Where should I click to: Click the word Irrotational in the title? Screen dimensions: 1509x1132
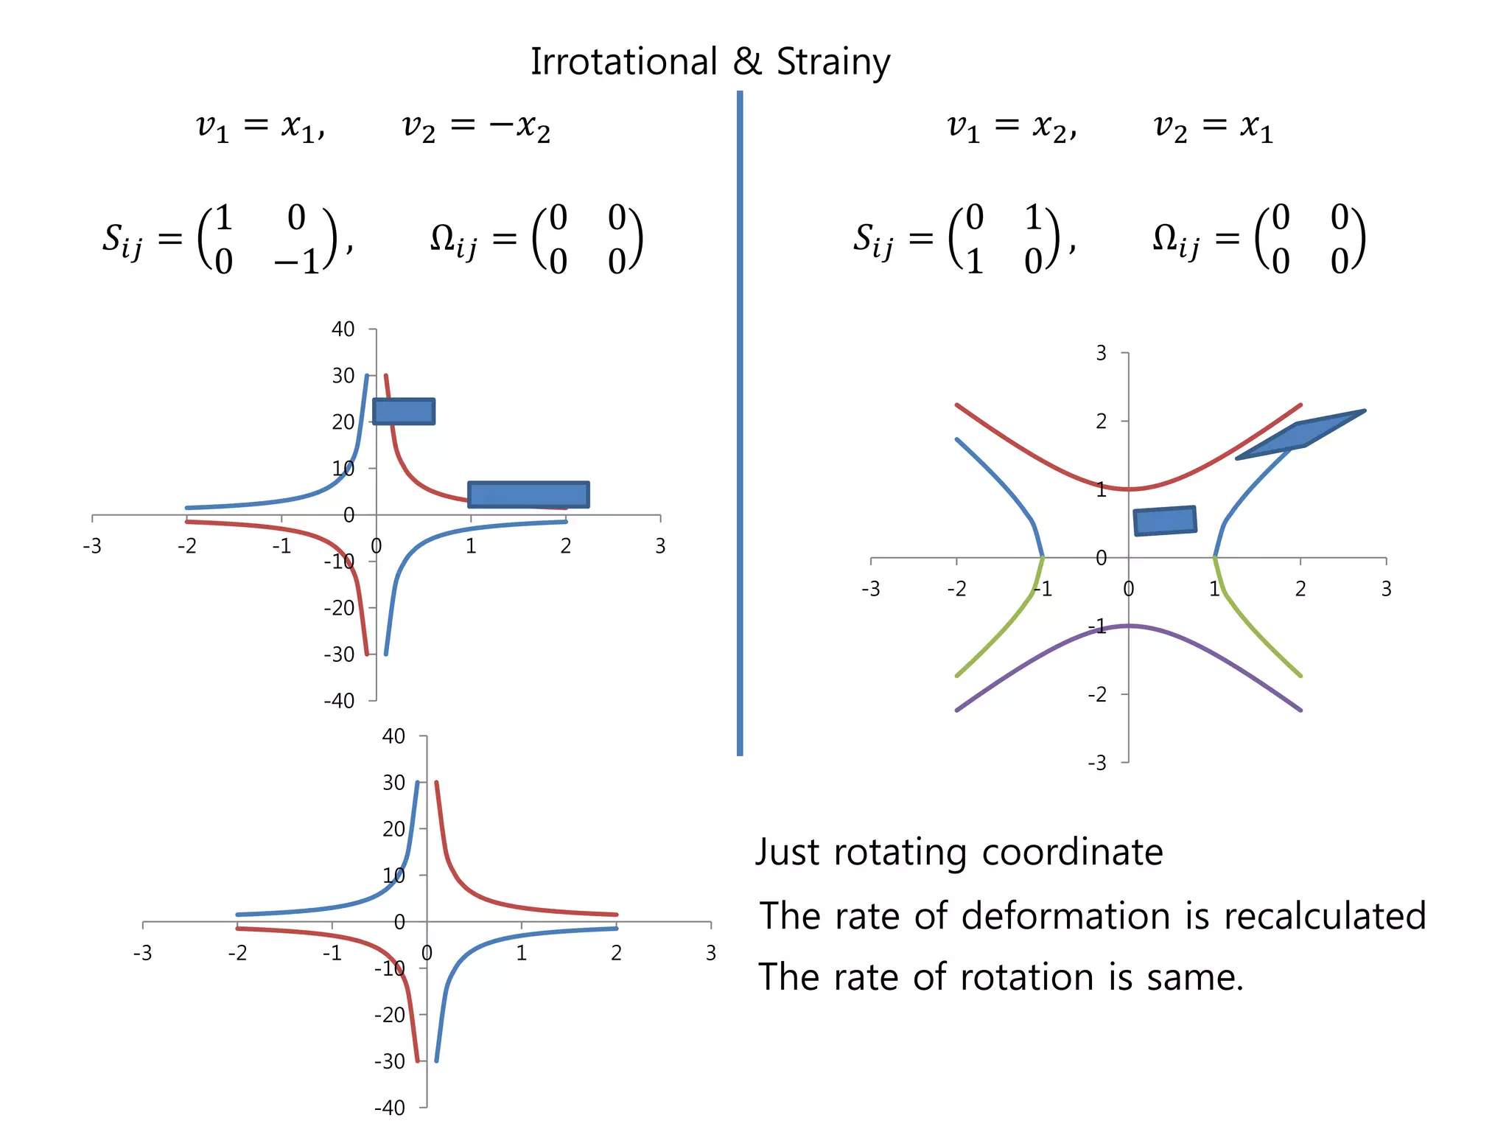point(623,62)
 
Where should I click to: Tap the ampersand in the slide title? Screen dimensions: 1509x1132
point(747,62)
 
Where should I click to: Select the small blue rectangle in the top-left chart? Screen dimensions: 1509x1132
point(404,411)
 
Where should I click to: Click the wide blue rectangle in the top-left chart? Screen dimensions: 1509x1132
point(528,495)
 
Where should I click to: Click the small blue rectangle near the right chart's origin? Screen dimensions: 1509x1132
point(1165,520)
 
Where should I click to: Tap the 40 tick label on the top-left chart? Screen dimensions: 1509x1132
point(343,329)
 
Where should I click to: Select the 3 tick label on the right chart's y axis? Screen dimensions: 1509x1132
point(1101,353)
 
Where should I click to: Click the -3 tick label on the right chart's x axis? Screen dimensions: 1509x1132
point(870,589)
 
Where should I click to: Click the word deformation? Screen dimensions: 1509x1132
point(1065,916)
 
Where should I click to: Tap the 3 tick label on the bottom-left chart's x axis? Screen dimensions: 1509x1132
point(710,953)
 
